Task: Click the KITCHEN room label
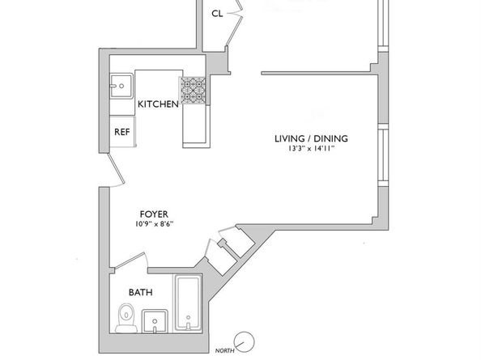(158, 104)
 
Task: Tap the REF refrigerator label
(122, 132)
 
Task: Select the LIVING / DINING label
(311, 138)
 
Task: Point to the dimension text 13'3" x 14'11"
(311, 149)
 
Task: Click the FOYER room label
(154, 214)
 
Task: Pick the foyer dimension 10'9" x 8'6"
(154, 224)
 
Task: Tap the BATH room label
(141, 292)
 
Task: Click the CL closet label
(217, 14)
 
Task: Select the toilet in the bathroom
(126, 318)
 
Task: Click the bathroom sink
(155, 321)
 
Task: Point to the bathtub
(188, 303)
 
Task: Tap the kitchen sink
(121, 86)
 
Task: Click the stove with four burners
(193, 90)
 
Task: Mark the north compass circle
(245, 342)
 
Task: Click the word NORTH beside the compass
(224, 351)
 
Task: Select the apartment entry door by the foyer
(116, 170)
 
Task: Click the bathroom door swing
(130, 260)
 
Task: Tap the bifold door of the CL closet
(235, 23)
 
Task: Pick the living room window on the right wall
(383, 155)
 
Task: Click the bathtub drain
(188, 317)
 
